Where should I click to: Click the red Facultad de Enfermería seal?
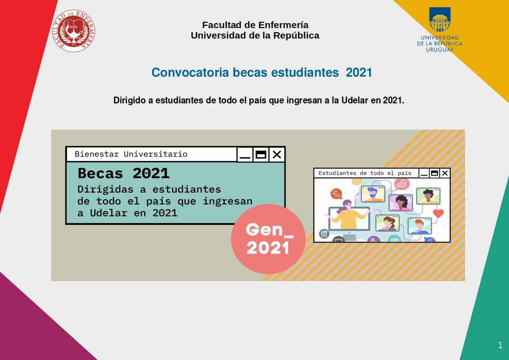(x=73, y=31)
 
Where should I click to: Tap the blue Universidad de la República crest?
(x=440, y=19)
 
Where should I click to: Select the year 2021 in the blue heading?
(x=359, y=73)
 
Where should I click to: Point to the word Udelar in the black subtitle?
(x=355, y=100)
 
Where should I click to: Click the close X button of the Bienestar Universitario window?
(x=277, y=154)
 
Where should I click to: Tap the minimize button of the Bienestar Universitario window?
(x=245, y=154)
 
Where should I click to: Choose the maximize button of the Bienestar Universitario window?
(x=261, y=154)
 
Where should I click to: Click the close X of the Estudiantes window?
(x=445, y=173)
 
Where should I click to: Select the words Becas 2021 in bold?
(x=123, y=173)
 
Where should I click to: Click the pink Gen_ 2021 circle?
(x=268, y=239)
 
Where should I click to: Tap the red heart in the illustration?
(x=438, y=213)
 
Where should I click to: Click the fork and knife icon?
(x=324, y=234)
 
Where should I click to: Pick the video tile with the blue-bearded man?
(x=373, y=194)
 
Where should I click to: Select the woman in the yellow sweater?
(x=349, y=215)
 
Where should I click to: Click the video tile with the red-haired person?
(x=419, y=226)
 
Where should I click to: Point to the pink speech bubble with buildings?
(x=402, y=185)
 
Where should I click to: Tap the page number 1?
(x=500, y=345)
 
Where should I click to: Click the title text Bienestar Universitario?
(x=131, y=154)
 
